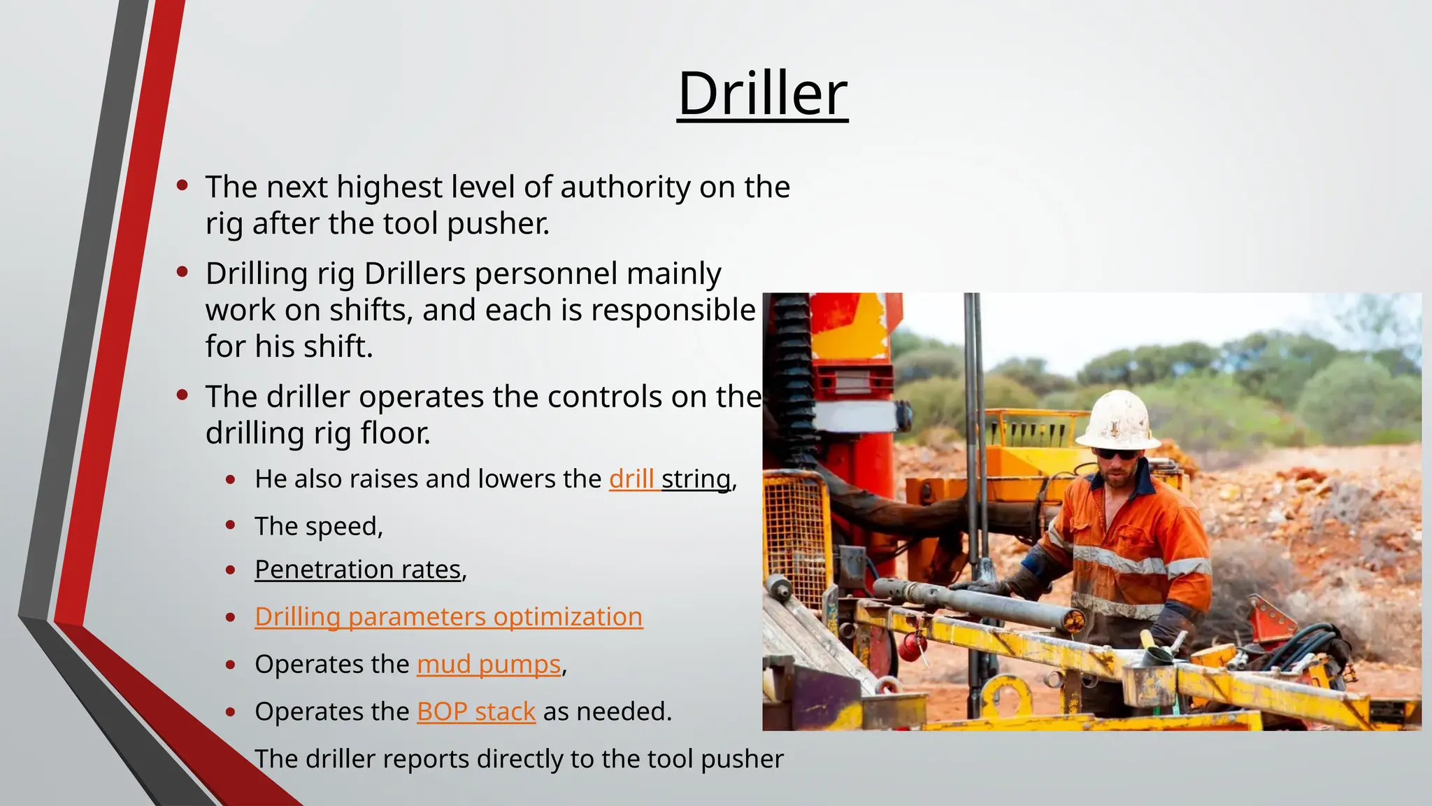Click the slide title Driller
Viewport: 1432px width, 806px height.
[762, 94]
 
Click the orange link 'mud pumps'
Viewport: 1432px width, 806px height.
[489, 664]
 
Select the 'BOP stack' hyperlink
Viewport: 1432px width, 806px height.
[475, 712]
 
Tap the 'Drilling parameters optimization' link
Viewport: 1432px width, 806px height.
[448, 617]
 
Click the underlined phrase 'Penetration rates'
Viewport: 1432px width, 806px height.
[358, 570]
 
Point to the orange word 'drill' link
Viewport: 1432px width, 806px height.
[631, 479]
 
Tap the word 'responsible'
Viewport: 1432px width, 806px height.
[673, 310]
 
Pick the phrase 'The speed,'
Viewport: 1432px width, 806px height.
[319, 526]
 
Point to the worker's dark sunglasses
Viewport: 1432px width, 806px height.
[1117, 455]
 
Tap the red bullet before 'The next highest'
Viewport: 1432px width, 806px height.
[182, 185]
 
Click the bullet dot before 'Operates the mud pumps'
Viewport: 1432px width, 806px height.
[231, 665]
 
